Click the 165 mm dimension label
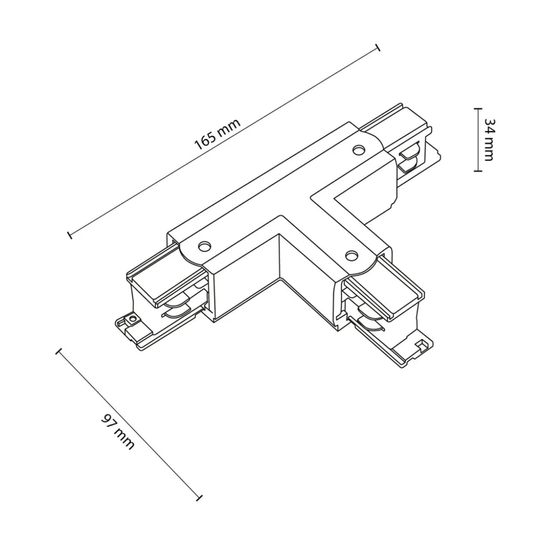tap(218, 134)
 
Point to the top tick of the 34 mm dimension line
tap(477, 109)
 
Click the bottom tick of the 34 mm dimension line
tap(477, 171)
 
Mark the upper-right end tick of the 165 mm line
tap(377, 48)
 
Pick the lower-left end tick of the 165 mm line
tap(70, 235)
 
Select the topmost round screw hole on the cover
tap(359, 150)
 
